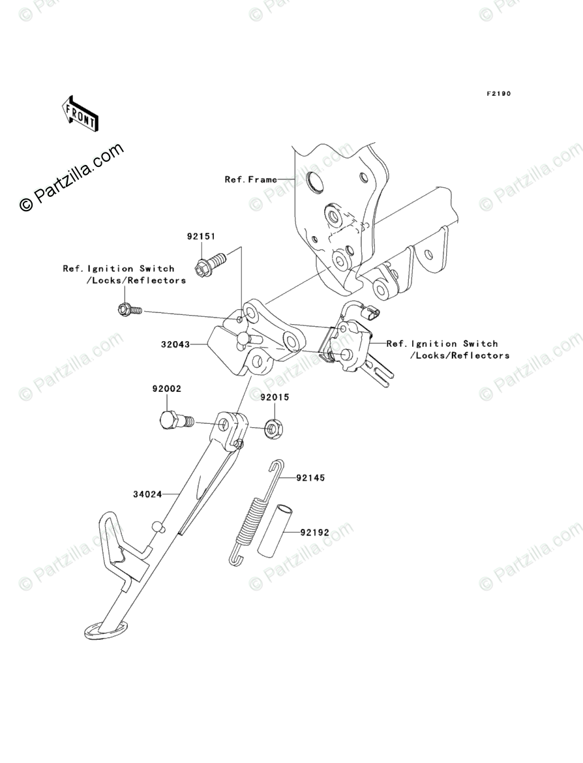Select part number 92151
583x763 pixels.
point(202,237)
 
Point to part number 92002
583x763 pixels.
point(167,389)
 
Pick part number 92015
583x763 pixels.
point(275,396)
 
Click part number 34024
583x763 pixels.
point(147,494)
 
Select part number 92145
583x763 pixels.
point(310,478)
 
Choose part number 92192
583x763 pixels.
point(315,531)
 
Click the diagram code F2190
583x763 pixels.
point(498,94)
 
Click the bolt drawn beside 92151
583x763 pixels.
point(210,265)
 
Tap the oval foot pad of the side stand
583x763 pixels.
point(102,629)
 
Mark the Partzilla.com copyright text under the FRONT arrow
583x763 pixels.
point(72,177)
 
